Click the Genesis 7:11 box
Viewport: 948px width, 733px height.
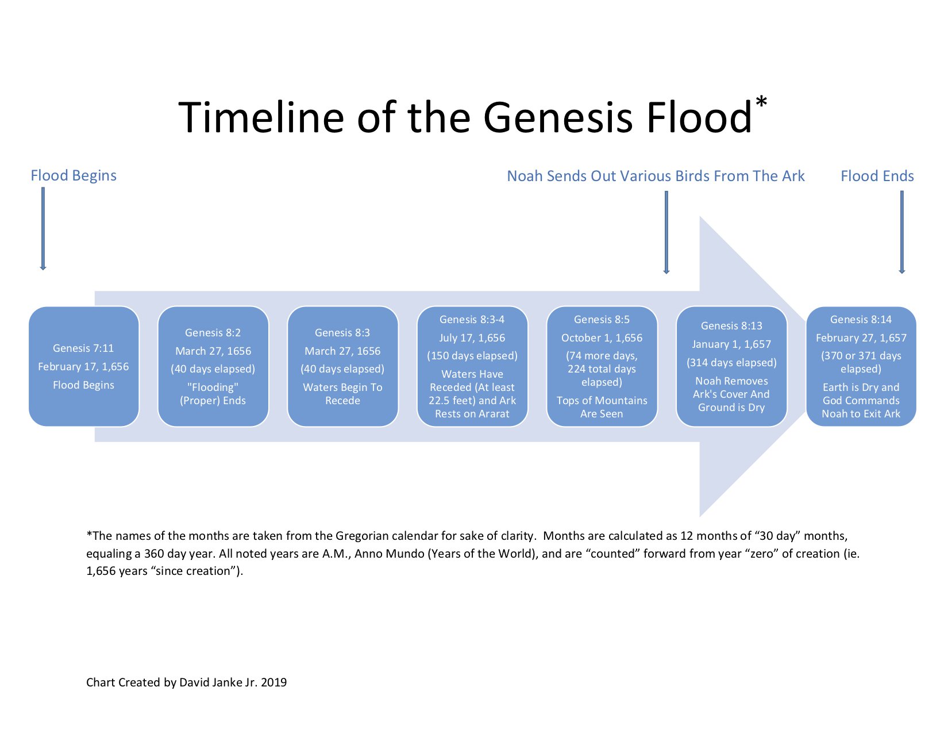(84, 366)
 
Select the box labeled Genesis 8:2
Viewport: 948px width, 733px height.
(213, 366)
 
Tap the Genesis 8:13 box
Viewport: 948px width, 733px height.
(731, 366)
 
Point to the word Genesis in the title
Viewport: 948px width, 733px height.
(560, 118)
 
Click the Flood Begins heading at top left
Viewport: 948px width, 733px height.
(74, 175)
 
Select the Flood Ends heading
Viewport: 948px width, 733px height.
(877, 176)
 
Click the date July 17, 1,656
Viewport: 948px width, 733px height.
(472, 338)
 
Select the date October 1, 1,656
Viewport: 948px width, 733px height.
(602, 338)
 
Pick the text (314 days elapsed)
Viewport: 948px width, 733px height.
(731, 363)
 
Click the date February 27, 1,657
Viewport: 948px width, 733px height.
(861, 338)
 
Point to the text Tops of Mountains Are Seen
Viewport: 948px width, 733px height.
(602, 407)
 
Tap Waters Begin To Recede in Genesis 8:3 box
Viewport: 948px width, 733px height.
(342, 394)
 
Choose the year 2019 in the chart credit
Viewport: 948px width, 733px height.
(273, 682)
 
